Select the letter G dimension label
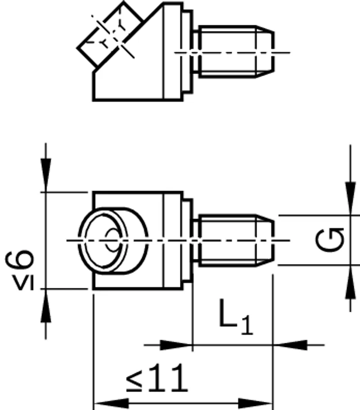point(330,240)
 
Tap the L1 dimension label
point(236,317)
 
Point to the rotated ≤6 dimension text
point(20,270)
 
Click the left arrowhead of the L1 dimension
point(176,345)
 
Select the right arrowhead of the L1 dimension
point(290,345)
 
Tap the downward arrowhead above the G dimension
point(351,198)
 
